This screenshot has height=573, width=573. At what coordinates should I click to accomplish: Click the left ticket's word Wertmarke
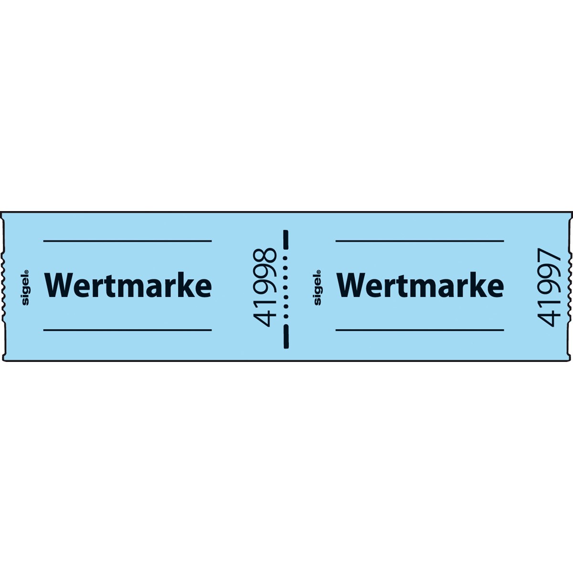click(128, 286)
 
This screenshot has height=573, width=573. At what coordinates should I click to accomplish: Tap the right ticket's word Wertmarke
click(420, 286)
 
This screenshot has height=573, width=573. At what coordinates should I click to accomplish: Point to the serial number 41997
click(549, 287)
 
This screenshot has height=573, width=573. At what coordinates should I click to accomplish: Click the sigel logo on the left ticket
click(26, 287)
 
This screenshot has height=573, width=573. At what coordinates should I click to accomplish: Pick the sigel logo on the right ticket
click(318, 287)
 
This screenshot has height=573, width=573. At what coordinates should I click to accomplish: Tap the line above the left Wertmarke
click(127, 241)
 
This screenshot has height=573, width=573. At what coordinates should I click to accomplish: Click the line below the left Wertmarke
click(127, 330)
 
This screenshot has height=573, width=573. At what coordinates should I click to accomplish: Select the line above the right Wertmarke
click(420, 241)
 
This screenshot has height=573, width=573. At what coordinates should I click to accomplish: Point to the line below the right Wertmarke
click(420, 330)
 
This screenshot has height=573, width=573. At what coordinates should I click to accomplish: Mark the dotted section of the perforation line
click(286, 287)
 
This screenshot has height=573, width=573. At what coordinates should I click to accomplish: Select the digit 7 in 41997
click(549, 256)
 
